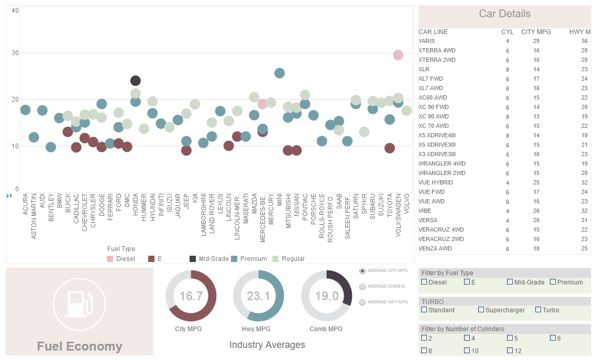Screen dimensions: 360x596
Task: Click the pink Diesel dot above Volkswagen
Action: tap(398, 55)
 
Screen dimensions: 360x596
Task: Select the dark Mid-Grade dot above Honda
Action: tap(136, 81)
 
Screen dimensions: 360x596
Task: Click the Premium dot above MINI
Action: tap(280, 73)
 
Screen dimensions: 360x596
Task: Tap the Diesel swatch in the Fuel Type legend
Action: tap(110, 259)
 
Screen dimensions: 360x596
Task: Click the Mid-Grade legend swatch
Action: tap(193, 259)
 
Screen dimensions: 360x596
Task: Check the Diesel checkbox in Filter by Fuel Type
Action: tap(424, 282)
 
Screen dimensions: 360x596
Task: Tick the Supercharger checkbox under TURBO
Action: tap(481, 310)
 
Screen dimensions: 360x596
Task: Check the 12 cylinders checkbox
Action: tap(510, 350)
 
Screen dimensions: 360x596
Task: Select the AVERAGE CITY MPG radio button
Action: tap(362, 271)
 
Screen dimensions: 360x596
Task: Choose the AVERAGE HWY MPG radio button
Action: tap(362, 302)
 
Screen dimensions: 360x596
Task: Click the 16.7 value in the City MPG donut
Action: tap(191, 296)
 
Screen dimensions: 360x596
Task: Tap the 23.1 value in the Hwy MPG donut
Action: tap(258, 296)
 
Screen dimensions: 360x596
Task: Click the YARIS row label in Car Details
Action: tap(426, 41)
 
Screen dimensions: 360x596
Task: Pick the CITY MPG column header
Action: tap(536, 32)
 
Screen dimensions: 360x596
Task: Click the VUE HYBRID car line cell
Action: tap(436, 182)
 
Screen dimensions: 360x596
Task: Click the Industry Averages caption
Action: tap(267, 345)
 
